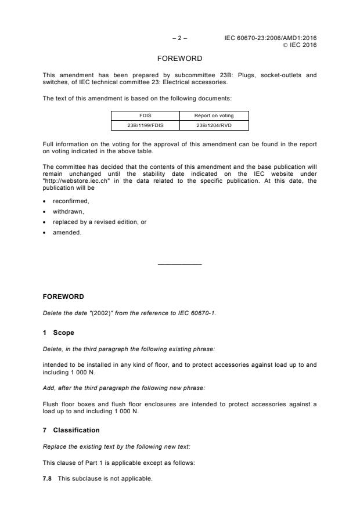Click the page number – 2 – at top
click(x=179, y=38)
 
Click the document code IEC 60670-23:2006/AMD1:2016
click(x=271, y=38)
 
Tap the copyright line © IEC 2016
click(x=300, y=45)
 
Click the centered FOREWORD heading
click(x=179, y=59)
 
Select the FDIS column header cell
click(x=145, y=115)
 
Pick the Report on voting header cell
click(x=214, y=115)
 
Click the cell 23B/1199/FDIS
click(x=145, y=125)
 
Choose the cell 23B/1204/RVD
click(x=214, y=125)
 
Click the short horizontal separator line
click(x=179, y=265)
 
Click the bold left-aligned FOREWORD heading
click(x=63, y=297)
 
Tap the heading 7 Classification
click(x=71, y=430)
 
